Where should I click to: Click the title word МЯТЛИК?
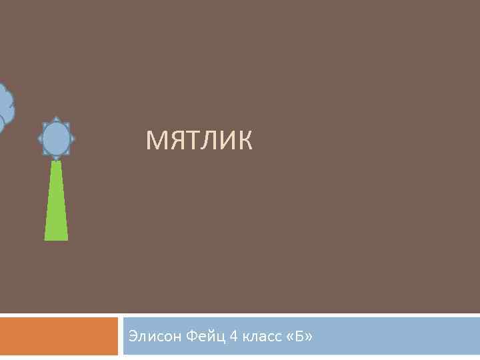click(x=199, y=141)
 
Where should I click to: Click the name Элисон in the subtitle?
click(x=150, y=335)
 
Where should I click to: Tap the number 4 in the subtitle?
click(x=233, y=335)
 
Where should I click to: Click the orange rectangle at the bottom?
click(x=59, y=336)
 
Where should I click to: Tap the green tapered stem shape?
click(x=56, y=203)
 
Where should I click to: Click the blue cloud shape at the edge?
click(x=5, y=107)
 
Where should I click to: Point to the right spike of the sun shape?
click(x=73, y=139)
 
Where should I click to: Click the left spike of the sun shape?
click(x=39, y=139)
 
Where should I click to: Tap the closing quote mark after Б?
click(x=308, y=336)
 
